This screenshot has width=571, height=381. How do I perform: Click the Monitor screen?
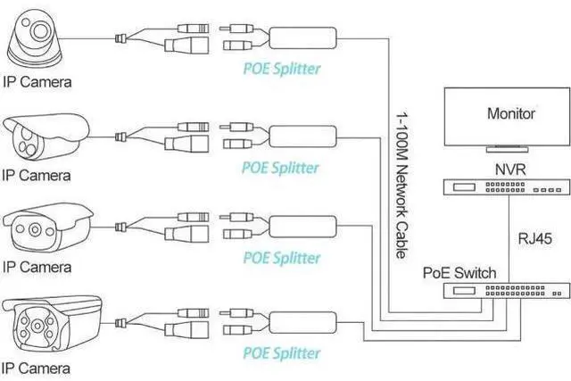click(507, 117)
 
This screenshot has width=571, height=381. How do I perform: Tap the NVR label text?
click(510, 170)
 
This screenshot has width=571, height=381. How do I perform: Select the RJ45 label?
click(535, 238)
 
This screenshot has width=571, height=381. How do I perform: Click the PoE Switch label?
click(459, 273)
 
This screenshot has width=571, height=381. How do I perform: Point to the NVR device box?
click(507, 187)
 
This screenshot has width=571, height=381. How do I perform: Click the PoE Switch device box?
click(507, 291)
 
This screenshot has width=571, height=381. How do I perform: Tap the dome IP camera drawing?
click(35, 38)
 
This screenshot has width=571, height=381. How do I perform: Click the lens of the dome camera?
click(40, 31)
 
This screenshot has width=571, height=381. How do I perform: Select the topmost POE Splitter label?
click(282, 69)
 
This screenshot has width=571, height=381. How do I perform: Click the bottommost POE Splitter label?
click(282, 353)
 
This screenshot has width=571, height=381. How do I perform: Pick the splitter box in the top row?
click(302, 37)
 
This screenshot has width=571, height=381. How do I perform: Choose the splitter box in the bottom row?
click(302, 322)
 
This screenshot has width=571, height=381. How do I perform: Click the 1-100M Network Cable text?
click(401, 186)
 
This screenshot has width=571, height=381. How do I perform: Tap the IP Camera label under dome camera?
click(37, 82)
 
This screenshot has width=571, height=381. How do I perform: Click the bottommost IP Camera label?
click(36, 369)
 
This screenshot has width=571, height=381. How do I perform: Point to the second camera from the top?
click(46, 137)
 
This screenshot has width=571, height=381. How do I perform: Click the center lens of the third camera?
click(35, 229)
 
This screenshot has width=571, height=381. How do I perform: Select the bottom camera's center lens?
click(37, 326)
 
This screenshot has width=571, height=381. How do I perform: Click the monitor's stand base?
click(507, 149)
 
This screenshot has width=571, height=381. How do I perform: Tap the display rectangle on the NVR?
click(464, 187)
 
